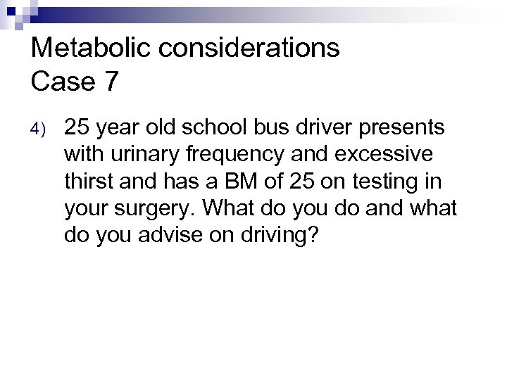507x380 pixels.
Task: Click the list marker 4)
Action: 38,129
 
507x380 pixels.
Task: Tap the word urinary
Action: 145,155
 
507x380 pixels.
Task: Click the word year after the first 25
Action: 123,129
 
